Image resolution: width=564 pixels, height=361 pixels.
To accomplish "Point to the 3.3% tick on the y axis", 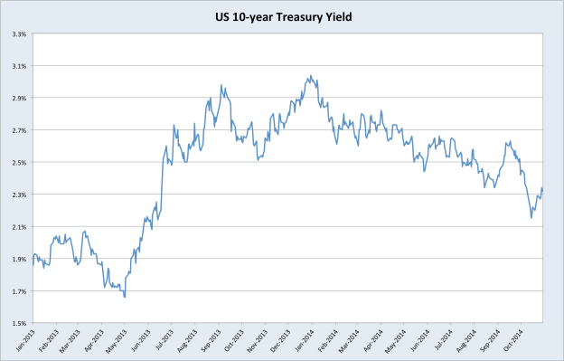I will tap(17, 33).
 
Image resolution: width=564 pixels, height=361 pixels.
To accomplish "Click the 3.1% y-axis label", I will tap(17, 66).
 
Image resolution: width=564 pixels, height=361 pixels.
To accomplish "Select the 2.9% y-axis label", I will tap(17, 98).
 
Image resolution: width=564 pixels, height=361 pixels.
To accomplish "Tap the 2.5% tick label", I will tap(17, 162).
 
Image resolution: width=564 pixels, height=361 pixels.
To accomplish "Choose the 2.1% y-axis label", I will tap(17, 226).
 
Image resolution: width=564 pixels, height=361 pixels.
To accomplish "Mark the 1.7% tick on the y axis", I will tap(17, 290).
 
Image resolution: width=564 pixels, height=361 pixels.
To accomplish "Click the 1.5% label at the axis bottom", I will tap(17, 323).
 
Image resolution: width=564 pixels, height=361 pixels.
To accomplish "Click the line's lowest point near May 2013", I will tap(125, 297).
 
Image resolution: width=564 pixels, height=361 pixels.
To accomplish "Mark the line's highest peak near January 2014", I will tap(310, 76).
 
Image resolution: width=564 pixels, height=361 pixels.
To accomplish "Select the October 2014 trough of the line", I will tap(531, 217).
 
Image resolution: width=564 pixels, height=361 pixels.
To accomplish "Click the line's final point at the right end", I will tap(542, 188).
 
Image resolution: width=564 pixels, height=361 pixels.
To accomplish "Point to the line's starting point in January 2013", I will tap(33, 263).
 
